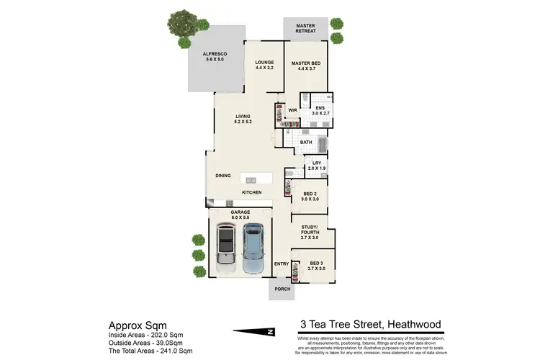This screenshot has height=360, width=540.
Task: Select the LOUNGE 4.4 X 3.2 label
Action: [265, 66]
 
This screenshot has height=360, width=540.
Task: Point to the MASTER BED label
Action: [305, 66]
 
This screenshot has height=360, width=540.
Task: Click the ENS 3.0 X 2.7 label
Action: [320, 111]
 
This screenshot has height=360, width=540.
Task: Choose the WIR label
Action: [293, 110]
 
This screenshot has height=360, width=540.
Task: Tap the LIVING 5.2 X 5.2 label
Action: [243, 120]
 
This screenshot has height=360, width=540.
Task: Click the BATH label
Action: [306, 143]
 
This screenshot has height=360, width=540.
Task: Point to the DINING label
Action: [223, 175]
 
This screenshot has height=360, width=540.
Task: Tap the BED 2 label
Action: [311, 197]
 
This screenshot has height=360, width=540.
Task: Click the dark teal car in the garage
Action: [253, 248]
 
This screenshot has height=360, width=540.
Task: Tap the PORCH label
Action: [281, 289]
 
